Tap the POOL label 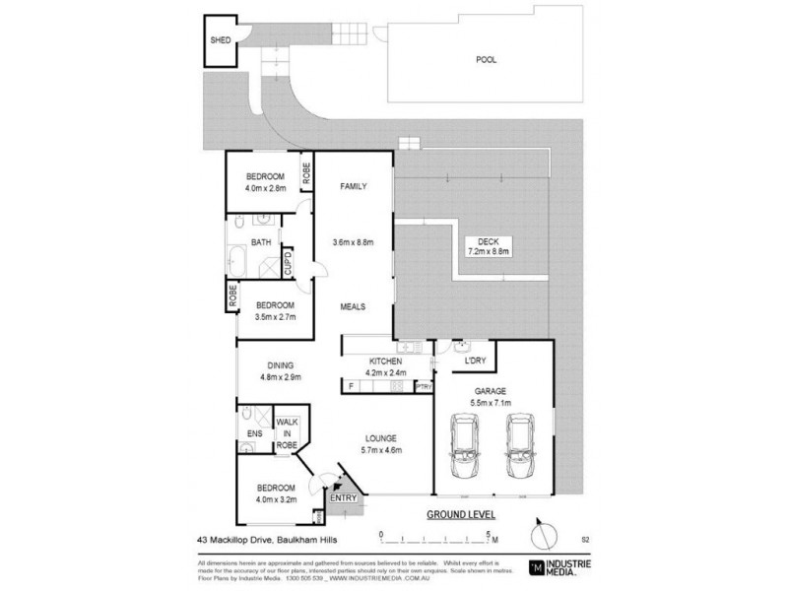pos(486,59)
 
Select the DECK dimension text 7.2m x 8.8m pos(487,251)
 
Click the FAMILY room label pos(355,185)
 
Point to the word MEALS pos(354,306)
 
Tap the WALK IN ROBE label pos(287,432)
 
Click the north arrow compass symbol pos(537,537)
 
